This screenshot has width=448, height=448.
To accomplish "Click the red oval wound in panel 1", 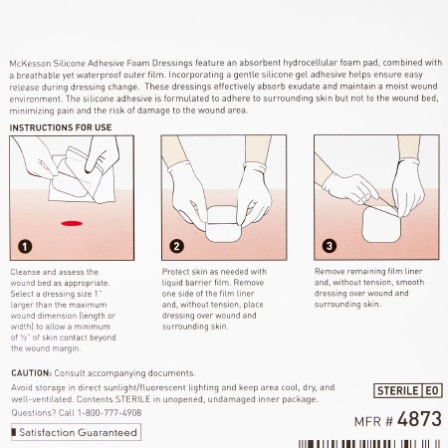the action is (72, 223).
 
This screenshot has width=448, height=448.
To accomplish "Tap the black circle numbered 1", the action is (25, 247).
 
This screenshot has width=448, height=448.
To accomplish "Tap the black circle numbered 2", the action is (176, 246).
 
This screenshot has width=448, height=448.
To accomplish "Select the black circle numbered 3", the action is (330, 246).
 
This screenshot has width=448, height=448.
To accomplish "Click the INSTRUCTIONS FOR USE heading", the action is (61, 127).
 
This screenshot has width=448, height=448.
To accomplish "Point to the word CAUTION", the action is (31, 373).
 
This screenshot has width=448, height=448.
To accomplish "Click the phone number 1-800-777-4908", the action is (110, 413).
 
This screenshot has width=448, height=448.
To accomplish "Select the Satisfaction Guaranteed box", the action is (76, 432).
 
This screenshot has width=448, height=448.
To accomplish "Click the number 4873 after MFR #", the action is (419, 419).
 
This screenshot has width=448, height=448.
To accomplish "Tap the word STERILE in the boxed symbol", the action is (398, 390).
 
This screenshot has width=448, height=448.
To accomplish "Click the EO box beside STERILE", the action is (432, 390).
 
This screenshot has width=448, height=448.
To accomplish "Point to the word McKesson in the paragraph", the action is (30, 63).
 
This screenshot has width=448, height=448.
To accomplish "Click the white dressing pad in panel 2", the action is (223, 224).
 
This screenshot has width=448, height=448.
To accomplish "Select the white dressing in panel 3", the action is (381, 224).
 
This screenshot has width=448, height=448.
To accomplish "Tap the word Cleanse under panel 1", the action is (25, 272).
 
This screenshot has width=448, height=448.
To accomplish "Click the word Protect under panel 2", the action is (175, 272).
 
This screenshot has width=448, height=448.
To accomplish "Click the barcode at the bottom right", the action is (369, 444).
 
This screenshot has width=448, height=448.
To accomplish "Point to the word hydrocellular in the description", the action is (310, 63).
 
